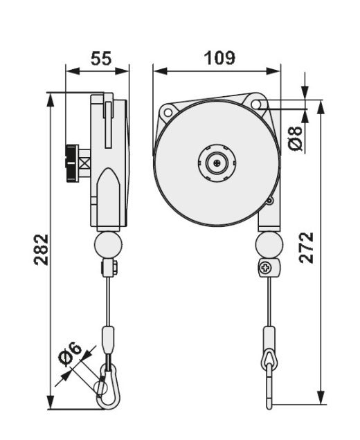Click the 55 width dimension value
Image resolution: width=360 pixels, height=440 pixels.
tap(101, 58)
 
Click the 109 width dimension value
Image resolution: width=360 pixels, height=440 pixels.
tap(219, 58)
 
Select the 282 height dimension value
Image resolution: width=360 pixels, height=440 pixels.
tap(42, 250)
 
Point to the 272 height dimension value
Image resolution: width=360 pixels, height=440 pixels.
tap(306, 248)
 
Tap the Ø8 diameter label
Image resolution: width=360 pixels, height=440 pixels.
tap(296, 139)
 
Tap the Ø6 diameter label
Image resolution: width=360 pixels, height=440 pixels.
tap(70, 354)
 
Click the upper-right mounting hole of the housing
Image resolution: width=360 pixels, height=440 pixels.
tap(256, 104)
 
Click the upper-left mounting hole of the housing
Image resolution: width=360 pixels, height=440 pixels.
tap(168, 111)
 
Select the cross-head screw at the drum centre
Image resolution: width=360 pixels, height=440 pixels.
tap(216, 163)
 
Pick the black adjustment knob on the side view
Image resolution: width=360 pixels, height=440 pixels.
tap(71, 163)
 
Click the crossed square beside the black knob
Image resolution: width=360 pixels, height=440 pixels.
tap(84, 163)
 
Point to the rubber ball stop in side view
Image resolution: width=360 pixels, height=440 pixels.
tap(109, 245)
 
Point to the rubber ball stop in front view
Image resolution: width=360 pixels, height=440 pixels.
tap(269, 245)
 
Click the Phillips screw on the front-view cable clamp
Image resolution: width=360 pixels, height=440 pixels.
tap(264, 268)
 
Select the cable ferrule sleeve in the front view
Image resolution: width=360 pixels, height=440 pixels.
tap(269, 338)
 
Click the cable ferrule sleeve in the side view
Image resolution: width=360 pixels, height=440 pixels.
tap(109, 340)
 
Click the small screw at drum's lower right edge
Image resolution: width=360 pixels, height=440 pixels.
tap(269, 201)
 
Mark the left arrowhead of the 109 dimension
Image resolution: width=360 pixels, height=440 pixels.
tap(161, 71)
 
